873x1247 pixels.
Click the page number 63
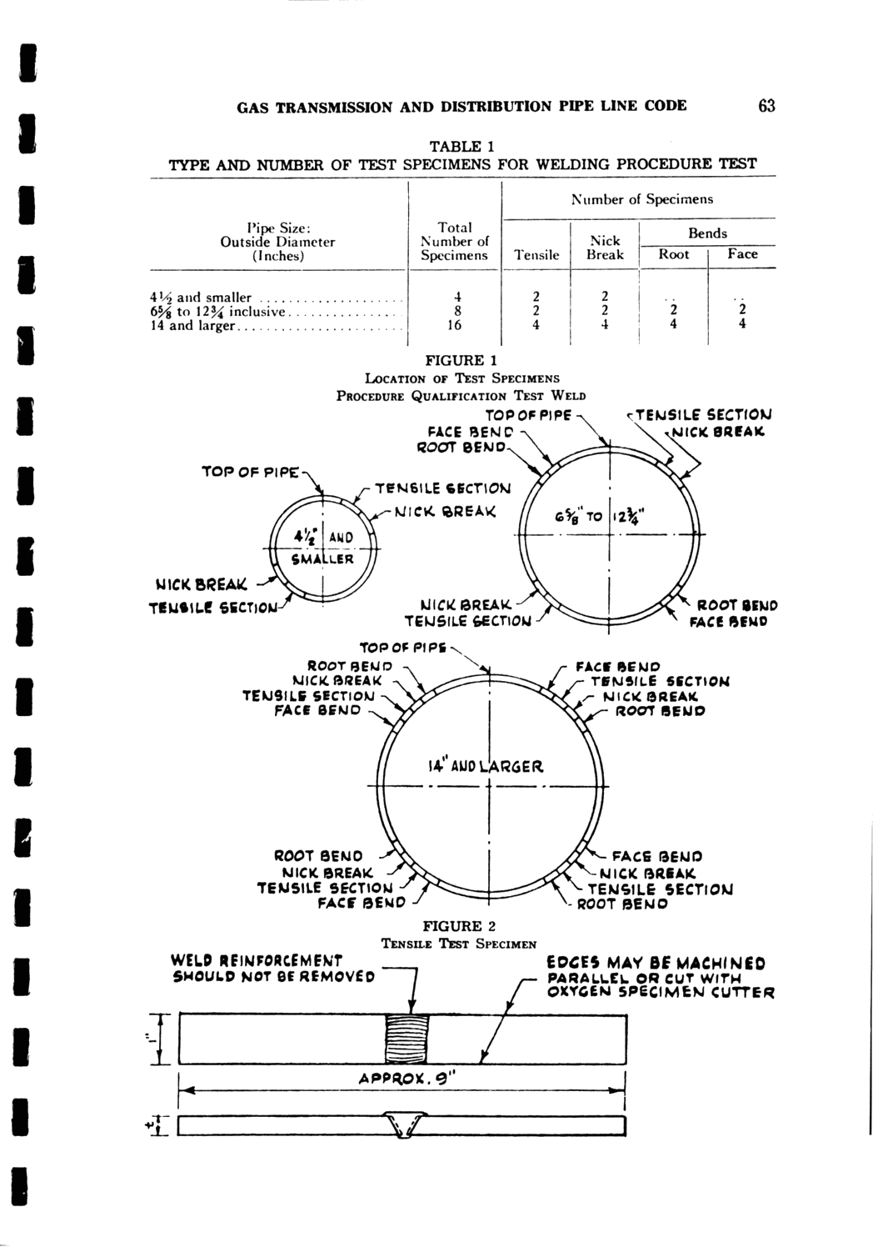[x=766, y=106]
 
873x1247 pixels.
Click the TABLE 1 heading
[x=461, y=146]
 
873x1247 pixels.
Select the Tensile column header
[x=536, y=255]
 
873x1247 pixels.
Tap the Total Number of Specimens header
[x=455, y=241]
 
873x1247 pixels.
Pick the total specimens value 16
[x=455, y=325]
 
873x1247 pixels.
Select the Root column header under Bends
[x=673, y=254]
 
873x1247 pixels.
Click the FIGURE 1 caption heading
[x=461, y=360]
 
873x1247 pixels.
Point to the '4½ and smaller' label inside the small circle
[x=322, y=547]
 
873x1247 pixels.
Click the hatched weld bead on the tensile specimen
[x=406, y=1039]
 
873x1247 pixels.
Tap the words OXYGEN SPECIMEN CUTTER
[x=661, y=992]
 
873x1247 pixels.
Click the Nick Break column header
[x=605, y=248]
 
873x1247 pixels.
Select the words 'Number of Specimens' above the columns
[x=641, y=199]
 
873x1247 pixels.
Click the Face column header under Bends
[x=741, y=253]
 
